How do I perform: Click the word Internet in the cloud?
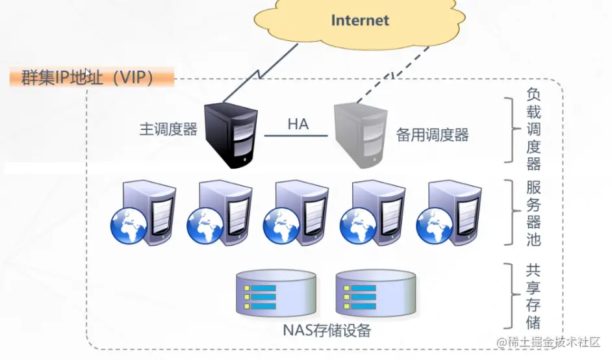pyautogui.click(x=360, y=20)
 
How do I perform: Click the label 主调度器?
pyautogui.click(x=168, y=129)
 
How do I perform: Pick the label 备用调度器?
pyautogui.click(x=432, y=135)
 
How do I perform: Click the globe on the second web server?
pyautogui.click(x=204, y=225)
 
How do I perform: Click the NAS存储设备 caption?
pyautogui.click(x=327, y=331)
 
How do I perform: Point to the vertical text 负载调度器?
pyautogui.click(x=533, y=129)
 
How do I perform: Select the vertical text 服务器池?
pyautogui.click(x=533, y=213)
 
